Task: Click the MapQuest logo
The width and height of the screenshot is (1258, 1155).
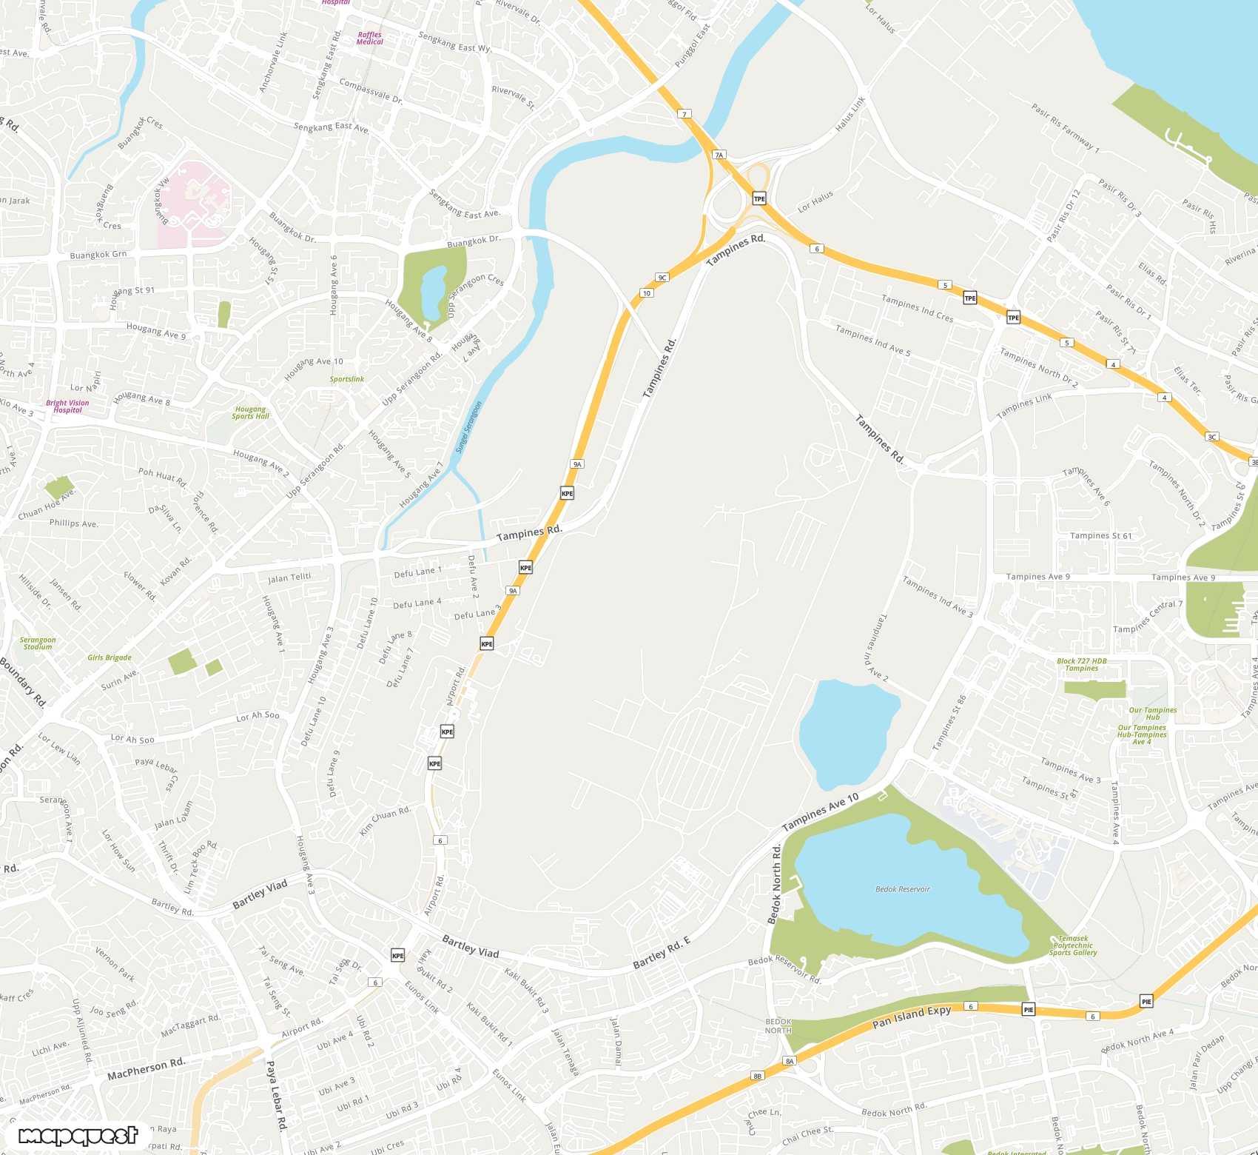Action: click(x=78, y=1136)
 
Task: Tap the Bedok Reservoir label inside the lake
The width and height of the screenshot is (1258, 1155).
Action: click(x=902, y=889)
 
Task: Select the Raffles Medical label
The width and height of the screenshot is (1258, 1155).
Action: click(x=369, y=38)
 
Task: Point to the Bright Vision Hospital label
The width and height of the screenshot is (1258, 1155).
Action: click(x=67, y=406)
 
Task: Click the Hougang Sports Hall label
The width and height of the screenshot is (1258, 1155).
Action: click(x=250, y=412)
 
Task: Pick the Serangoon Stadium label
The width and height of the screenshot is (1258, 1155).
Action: click(x=38, y=643)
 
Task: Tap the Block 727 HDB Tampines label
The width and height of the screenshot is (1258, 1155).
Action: click(x=1081, y=665)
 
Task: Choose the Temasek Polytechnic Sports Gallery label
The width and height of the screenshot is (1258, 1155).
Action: click(x=1072, y=945)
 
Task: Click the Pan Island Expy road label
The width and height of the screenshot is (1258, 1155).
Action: click(x=911, y=1017)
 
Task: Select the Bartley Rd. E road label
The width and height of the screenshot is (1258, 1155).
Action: click(x=661, y=953)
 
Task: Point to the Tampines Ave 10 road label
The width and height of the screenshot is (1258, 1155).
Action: click(x=820, y=811)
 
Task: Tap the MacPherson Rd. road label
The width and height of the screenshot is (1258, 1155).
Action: click(x=146, y=1068)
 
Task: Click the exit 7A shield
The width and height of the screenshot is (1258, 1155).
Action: click(x=719, y=155)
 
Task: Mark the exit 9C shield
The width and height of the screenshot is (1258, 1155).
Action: click(x=662, y=278)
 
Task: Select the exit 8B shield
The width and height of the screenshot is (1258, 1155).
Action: click(x=756, y=1076)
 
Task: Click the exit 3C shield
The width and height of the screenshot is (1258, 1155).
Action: click(x=1211, y=437)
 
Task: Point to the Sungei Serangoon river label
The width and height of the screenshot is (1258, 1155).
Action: click(x=468, y=427)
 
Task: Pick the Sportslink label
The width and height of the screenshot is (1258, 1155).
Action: click(x=346, y=379)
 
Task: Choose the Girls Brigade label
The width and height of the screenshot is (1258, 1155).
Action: click(x=110, y=657)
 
